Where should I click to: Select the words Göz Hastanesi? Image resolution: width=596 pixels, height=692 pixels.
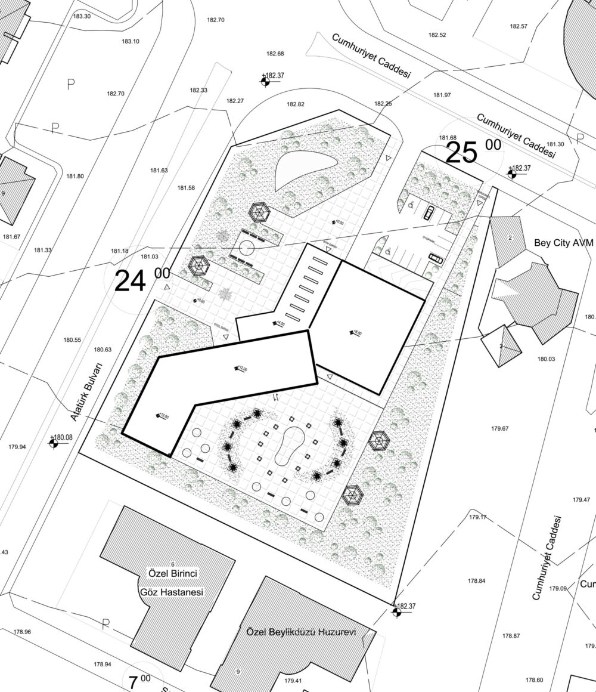point(172,592)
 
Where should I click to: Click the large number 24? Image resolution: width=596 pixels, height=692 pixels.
point(130,281)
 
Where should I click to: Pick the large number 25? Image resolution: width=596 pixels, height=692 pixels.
point(462,153)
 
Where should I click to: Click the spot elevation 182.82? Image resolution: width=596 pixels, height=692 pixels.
point(295,104)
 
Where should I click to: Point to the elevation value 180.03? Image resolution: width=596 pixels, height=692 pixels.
point(546,359)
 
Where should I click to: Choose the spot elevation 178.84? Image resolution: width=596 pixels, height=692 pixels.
point(477,580)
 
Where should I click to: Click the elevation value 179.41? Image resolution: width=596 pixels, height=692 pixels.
point(293,681)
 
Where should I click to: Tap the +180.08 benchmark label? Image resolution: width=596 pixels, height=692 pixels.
point(61,437)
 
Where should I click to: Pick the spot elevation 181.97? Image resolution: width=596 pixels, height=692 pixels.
point(442,95)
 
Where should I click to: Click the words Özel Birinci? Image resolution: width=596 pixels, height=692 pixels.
point(172,574)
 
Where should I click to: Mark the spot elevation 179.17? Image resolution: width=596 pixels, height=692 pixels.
point(478,517)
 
